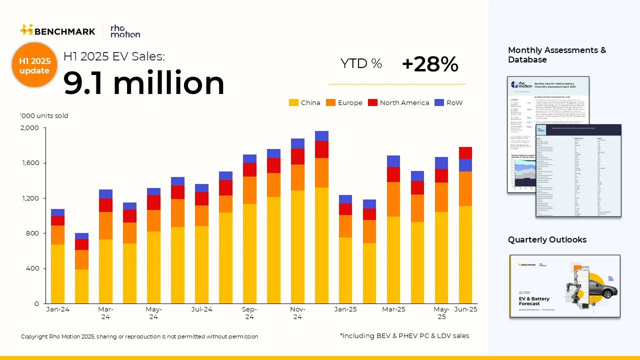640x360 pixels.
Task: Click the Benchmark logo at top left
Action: coord(57,31)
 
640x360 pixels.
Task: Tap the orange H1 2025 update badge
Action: coord(34,65)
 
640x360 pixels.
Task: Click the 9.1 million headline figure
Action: coord(144,82)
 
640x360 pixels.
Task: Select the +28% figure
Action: coord(430,64)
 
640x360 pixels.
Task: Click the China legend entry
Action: coord(304,102)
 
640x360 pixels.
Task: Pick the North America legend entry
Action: coord(398,102)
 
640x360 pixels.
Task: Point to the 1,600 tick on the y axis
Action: coord(29,163)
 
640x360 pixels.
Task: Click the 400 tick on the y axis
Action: coord(32,268)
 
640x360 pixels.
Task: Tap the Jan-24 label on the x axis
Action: coord(58,309)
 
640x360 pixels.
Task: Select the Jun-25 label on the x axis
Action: coord(465,309)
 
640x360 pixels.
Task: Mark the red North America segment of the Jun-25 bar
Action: coord(465,152)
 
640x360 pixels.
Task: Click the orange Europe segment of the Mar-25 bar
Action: coord(393,199)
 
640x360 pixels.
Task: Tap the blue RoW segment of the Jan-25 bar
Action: coord(345,199)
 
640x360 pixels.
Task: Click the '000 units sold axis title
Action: coord(44,116)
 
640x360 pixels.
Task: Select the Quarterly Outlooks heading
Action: coord(547,240)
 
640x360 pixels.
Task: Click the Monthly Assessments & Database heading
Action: coord(557,55)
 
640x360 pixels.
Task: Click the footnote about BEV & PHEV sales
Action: coord(404,336)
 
